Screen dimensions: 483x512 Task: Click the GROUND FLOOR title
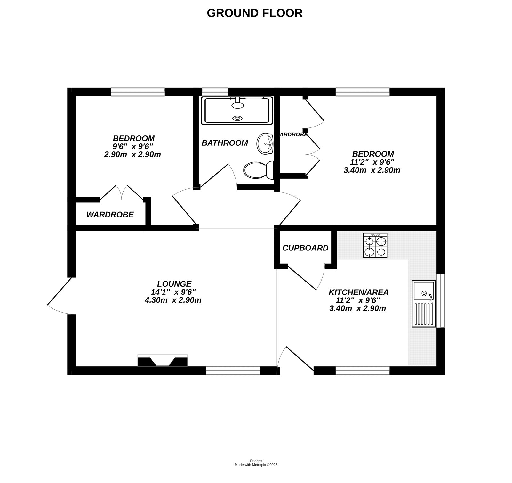point(254,13)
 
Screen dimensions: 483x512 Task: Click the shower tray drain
point(237,118)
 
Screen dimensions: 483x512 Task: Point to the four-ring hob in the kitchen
point(375,245)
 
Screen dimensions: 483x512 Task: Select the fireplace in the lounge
point(162,361)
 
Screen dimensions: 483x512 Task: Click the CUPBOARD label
point(305,248)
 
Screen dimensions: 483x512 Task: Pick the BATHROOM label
point(225,143)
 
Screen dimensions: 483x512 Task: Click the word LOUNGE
point(174,284)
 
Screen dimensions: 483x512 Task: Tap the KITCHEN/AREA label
point(358,292)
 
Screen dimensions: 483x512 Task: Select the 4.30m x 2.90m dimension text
point(173,300)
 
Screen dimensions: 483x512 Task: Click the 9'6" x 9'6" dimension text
point(133,147)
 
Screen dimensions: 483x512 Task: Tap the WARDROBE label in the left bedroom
point(110,215)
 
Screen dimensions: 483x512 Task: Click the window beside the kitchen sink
point(441,300)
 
